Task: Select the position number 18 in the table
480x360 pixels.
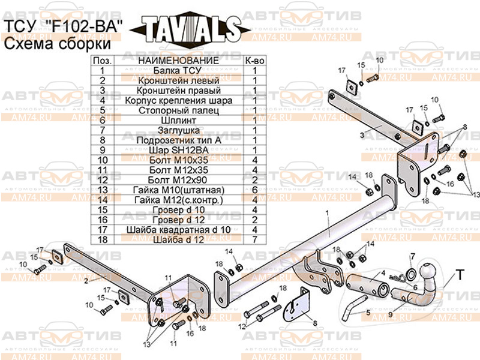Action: pos(103,239)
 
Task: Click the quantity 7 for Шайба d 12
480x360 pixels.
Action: pos(254,239)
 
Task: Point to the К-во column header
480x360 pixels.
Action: pos(254,61)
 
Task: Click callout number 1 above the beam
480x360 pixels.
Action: pos(328,213)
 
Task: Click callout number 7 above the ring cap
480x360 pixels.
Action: pos(412,257)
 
